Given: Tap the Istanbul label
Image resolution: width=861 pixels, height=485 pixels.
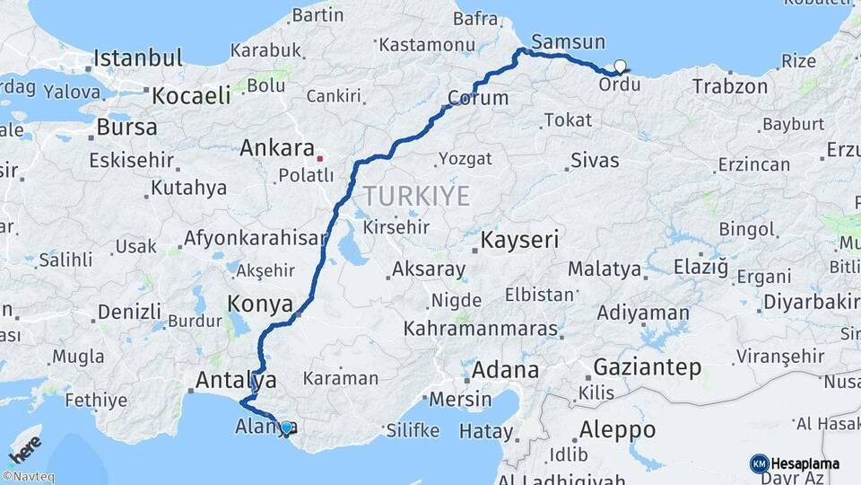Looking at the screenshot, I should (x=138, y=59).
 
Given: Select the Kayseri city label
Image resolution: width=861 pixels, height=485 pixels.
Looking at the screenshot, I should (x=519, y=241).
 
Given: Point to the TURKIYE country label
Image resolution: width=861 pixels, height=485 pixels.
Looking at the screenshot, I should (x=416, y=196).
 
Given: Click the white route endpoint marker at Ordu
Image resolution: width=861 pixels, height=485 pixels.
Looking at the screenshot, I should (x=619, y=66).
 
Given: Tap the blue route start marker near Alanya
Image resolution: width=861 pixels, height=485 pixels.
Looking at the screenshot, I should (x=286, y=428).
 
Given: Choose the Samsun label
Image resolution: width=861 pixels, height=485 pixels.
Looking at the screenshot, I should (x=568, y=42).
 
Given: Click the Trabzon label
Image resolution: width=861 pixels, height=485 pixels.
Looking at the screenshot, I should (x=730, y=87).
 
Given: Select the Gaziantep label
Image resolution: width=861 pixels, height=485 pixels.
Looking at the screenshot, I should (x=647, y=367).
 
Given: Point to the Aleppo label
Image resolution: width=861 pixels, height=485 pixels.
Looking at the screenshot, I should (x=617, y=428).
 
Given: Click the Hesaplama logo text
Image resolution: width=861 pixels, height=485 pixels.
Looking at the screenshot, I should (x=805, y=464).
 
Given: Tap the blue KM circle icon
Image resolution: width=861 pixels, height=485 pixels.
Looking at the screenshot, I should (x=759, y=464).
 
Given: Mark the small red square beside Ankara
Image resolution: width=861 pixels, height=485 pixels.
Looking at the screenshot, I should (x=319, y=159).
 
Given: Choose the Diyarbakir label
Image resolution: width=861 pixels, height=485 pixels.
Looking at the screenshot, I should (x=811, y=303).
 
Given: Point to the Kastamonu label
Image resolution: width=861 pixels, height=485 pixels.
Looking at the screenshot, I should (x=426, y=44).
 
